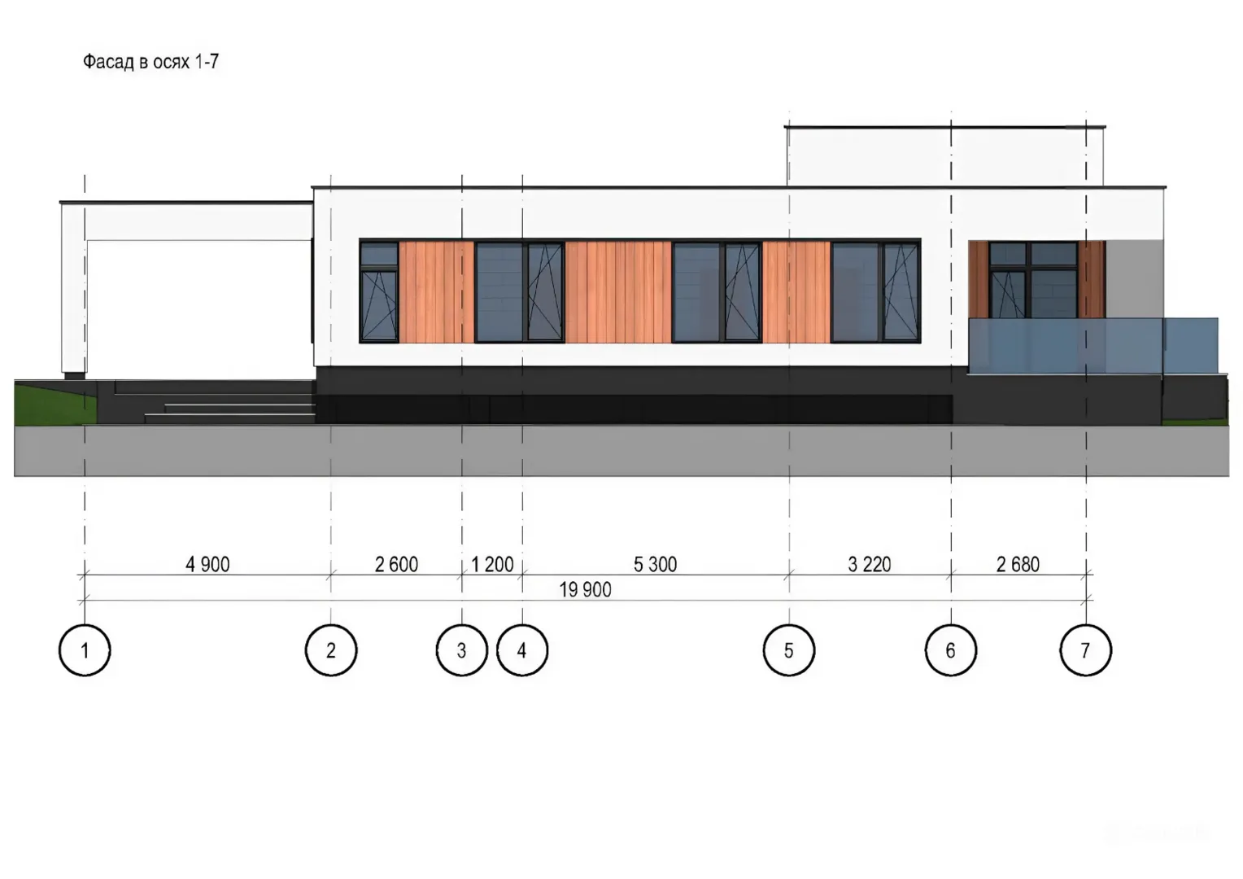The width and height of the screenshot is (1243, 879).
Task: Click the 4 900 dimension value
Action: (x=207, y=564)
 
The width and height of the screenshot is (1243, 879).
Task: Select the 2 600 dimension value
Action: (x=396, y=564)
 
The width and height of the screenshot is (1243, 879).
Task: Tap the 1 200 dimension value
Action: (x=492, y=564)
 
